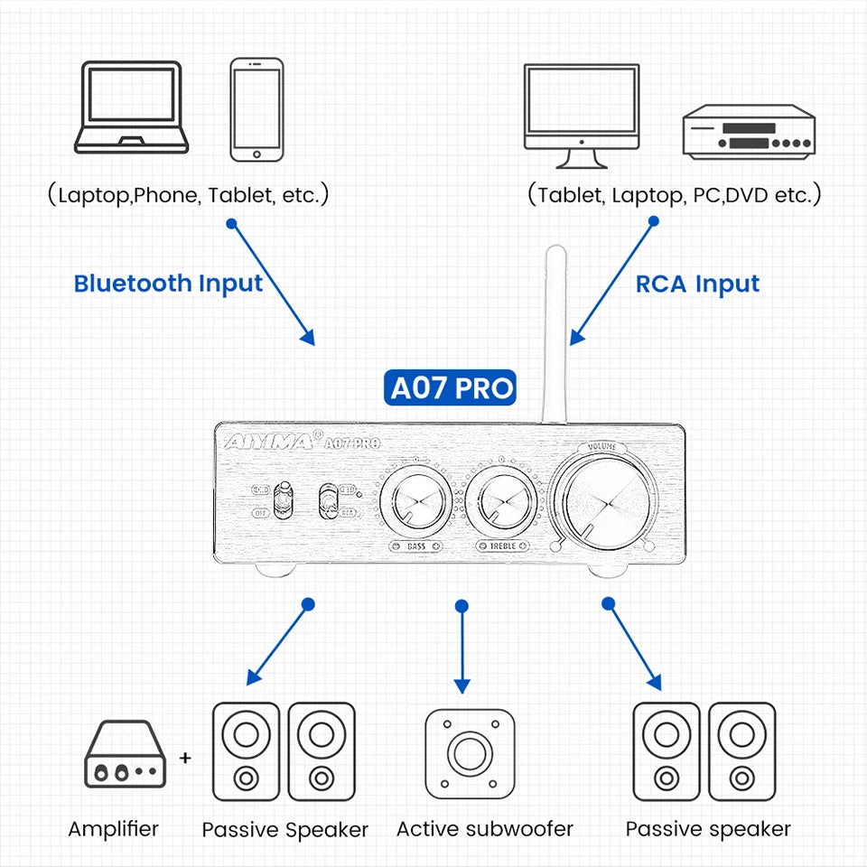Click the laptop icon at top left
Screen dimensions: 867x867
132,107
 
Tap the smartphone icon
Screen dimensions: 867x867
256,110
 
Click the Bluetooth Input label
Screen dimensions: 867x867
168,284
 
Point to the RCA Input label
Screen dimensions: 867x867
697,284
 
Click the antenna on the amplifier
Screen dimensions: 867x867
554,334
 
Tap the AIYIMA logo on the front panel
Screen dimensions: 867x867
264,442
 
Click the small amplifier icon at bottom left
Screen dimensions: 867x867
126,754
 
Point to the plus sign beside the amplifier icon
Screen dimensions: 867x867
185,757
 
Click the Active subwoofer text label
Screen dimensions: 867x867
484,829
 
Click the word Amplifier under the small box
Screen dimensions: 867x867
113,828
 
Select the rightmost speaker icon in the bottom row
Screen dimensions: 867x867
741,751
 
